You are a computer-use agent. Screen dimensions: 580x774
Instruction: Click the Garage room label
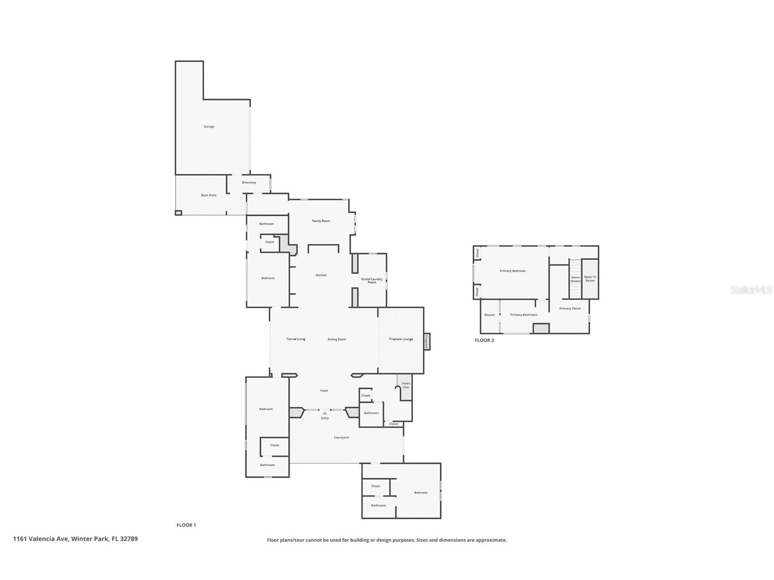(x=209, y=127)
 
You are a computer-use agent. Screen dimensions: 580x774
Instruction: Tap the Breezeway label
(x=249, y=182)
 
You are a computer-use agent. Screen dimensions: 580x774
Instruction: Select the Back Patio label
(x=209, y=195)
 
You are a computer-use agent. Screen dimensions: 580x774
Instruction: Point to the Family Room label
(x=321, y=221)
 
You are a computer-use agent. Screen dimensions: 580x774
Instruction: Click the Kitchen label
(x=321, y=275)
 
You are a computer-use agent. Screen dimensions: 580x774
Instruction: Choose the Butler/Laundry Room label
(x=372, y=280)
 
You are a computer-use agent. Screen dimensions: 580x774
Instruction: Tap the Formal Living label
(x=296, y=339)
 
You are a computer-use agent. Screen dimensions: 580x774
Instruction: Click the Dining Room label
(x=337, y=339)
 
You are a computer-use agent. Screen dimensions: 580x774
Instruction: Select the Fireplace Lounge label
(x=401, y=339)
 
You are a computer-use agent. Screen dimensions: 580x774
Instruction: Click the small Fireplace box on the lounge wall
(x=427, y=342)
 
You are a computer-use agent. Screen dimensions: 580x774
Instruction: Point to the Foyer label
(x=324, y=391)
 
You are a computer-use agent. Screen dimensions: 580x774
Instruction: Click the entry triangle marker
(x=325, y=413)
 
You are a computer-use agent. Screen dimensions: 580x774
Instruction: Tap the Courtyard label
(x=341, y=438)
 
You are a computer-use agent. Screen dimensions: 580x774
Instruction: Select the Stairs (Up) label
(x=406, y=385)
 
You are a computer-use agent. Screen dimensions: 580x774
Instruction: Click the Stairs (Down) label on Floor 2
(x=576, y=279)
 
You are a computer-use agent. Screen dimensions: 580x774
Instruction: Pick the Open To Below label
(x=590, y=279)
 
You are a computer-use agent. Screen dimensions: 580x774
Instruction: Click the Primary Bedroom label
(x=512, y=271)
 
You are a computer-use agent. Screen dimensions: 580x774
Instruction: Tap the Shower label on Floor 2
(x=489, y=315)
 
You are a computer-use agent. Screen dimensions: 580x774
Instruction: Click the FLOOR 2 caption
(x=484, y=341)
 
